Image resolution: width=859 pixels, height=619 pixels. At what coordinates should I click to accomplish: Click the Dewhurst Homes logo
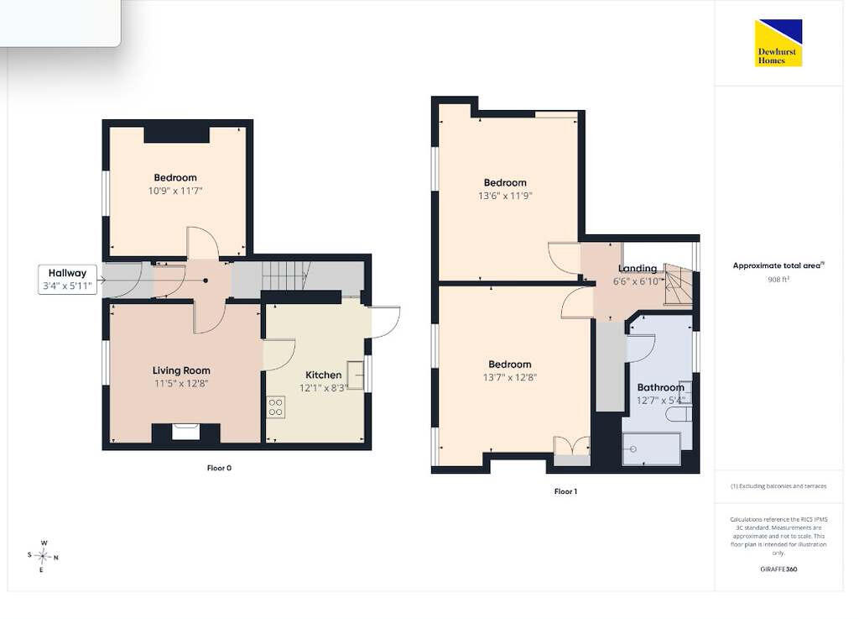778,43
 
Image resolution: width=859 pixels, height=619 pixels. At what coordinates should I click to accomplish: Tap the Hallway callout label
67,279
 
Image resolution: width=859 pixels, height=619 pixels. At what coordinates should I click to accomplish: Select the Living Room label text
181,370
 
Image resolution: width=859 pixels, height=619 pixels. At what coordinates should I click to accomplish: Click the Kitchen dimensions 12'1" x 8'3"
324,388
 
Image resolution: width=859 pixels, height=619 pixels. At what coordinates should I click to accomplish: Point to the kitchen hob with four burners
275,407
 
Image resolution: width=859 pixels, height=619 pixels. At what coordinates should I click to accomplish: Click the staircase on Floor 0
285,276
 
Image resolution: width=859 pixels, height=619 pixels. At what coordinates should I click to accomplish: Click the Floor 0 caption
219,468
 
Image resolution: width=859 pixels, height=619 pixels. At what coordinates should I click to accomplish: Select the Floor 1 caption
565,491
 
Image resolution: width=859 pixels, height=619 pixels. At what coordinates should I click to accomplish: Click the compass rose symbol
43,556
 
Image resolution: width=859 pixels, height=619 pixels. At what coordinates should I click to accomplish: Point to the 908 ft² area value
778,279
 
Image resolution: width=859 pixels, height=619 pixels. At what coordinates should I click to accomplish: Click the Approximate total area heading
778,265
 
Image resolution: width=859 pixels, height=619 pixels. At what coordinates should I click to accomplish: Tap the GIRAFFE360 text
778,569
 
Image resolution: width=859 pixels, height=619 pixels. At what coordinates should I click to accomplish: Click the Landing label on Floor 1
638,268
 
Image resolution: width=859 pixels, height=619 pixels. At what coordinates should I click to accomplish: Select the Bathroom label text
661,387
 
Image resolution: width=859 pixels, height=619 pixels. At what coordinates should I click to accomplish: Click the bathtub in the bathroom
651,449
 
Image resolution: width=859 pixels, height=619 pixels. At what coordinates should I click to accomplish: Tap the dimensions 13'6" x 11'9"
505,196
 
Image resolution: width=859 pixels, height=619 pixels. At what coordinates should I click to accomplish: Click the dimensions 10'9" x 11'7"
175,191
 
